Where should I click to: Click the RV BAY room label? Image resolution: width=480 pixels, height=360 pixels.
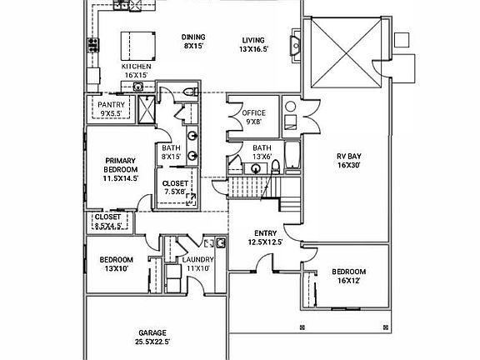point(349,156)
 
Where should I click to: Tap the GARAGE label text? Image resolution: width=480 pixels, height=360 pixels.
point(152,332)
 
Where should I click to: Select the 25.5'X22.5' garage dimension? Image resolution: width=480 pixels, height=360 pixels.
point(152,342)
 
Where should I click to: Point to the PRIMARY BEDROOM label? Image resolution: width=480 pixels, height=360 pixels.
point(121,165)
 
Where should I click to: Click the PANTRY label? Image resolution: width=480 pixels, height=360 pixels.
point(111,105)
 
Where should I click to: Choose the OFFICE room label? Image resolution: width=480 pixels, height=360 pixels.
point(254,113)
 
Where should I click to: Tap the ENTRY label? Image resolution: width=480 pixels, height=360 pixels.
point(265,233)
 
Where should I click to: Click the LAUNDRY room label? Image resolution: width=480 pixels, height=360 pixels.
point(198,260)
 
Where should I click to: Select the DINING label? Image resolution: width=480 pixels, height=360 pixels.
point(193,37)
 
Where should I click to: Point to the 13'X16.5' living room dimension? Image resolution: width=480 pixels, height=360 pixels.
point(254,49)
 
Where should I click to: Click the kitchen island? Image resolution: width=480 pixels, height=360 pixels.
point(138,46)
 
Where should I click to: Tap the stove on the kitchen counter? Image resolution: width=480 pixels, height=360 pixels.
point(93,45)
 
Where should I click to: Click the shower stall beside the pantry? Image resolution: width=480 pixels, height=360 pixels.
point(147,110)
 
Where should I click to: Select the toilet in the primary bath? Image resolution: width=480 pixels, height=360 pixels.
point(191,92)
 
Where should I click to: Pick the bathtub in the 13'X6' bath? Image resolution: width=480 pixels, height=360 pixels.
point(293,155)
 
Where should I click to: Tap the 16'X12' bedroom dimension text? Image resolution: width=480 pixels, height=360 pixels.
point(348,281)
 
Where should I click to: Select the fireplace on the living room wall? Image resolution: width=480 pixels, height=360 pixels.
point(296,46)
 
